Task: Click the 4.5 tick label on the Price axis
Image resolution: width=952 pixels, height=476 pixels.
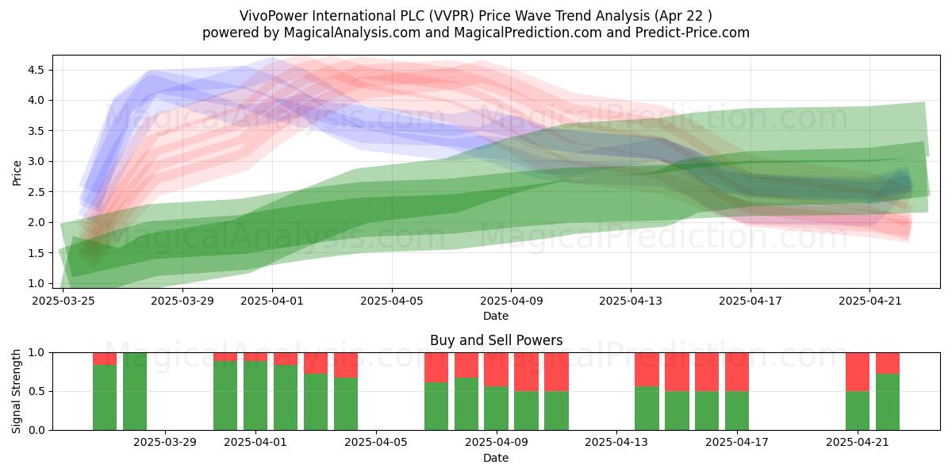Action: pos(36,70)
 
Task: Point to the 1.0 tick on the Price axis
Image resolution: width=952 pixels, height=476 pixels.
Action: pos(36,283)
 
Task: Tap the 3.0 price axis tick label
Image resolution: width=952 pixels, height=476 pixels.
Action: pos(36,162)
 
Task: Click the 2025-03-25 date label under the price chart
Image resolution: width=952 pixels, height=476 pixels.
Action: pos(63,301)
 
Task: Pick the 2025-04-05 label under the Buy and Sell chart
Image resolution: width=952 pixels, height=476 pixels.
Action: pos(376,443)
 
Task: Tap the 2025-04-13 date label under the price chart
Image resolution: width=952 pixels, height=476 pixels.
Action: pos(631,301)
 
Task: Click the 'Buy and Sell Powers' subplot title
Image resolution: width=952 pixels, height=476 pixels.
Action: pos(496,340)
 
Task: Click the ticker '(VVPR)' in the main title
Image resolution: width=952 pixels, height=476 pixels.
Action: pos(451,16)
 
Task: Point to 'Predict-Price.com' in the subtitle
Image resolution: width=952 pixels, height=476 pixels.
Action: pos(693,33)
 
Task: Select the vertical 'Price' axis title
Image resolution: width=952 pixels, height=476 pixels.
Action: pos(17,173)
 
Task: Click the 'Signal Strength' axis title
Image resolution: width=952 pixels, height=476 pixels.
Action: pos(16,391)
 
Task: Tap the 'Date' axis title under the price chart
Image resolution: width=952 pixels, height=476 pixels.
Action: pos(496,316)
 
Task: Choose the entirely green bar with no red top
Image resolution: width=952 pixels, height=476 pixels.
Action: pos(135,391)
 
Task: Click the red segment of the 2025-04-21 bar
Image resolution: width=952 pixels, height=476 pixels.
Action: pos(858,372)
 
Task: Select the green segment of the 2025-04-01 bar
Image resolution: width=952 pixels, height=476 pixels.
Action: pos(255,396)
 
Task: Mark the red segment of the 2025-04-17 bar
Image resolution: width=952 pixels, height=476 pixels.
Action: pos(737,372)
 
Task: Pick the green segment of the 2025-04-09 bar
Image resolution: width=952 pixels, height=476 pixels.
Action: pos(496,409)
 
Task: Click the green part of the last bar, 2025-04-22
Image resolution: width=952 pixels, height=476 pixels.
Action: pos(888,402)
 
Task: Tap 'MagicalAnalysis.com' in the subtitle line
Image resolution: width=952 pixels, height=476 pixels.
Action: pos(352,33)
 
